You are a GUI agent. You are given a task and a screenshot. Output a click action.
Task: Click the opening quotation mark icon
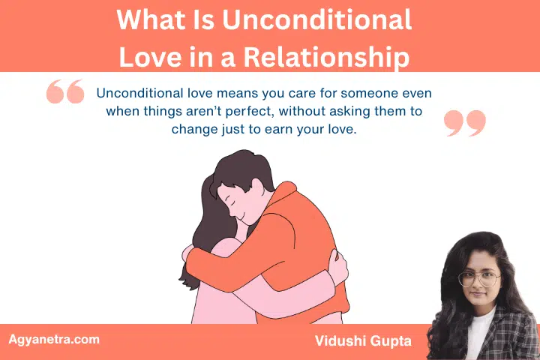coord(65,92)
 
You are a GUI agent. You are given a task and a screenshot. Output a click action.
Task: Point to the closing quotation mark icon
coord(465,123)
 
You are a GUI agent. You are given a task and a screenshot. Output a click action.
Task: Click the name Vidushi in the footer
coord(341,342)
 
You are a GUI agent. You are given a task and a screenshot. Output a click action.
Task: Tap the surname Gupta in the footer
coord(394,342)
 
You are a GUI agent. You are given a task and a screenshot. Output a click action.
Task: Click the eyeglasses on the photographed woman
coord(478,278)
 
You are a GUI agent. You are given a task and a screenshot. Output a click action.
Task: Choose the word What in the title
coord(148,19)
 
